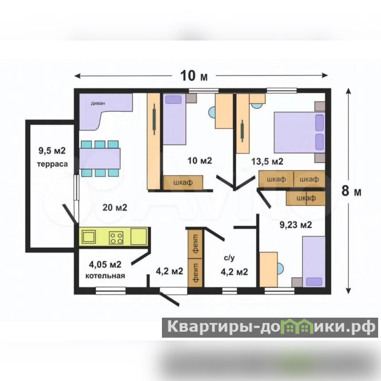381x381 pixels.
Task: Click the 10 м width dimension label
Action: pos(194,76)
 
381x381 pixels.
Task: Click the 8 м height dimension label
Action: pos(351,191)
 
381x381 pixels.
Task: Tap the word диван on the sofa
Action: pos(98,103)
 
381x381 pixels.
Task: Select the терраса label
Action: pos(52,164)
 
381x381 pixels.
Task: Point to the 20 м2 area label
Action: pos(115,208)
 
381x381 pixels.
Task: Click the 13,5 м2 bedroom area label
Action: pos(267,161)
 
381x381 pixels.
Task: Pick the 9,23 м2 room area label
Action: pos(295,225)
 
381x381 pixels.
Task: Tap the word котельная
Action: pos(105,276)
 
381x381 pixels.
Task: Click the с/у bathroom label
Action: pos(229,258)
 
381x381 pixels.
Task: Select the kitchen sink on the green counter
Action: pos(89,237)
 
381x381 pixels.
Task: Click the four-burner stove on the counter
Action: pos(116,237)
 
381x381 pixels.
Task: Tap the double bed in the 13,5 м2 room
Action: pos(300,132)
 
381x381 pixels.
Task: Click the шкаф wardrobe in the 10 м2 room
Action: pos(183,182)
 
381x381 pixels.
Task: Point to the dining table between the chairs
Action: pos(100,159)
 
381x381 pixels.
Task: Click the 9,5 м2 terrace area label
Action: pos(52,150)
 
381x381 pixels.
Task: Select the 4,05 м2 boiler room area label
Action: pos(105,264)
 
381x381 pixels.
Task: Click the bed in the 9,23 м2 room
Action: pos(314,261)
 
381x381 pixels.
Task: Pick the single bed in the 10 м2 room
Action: pos(174,119)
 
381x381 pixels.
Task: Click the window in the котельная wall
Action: pos(110,291)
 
